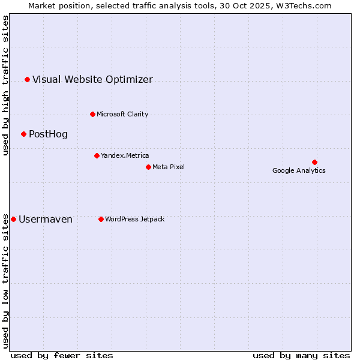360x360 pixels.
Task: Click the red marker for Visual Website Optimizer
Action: coord(27,79)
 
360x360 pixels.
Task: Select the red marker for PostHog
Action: coord(23,134)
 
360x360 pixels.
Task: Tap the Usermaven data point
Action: coord(14,219)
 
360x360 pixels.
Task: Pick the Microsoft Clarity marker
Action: coord(92,114)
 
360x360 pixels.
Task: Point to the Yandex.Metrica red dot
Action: coord(97,155)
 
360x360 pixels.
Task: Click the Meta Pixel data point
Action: coord(148,167)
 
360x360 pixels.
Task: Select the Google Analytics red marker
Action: coord(314,162)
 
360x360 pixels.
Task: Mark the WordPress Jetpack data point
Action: coord(101,219)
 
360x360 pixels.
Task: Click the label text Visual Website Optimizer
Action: coord(92,79)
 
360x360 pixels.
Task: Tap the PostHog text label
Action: coord(48,134)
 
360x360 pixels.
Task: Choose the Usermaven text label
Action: coord(46,219)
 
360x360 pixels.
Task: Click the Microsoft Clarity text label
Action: coord(122,114)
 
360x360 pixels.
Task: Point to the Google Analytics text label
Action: coord(299,170)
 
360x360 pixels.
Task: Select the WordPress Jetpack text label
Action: coord(134,219)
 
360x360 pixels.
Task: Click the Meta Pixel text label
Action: coord(169,167)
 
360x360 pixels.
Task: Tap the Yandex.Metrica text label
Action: coord(125,155)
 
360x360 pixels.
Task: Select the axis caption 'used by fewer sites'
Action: coord(62,355)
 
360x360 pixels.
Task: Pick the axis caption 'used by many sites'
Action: coord(301,355)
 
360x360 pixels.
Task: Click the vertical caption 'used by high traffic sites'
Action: coord(5,85)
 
